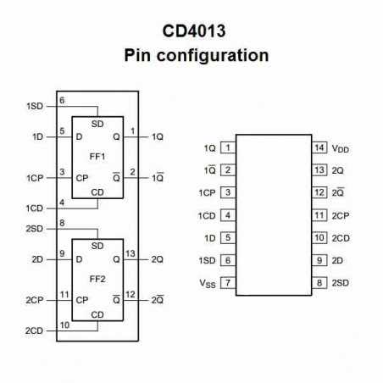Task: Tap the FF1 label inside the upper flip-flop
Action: (x=97, y=157)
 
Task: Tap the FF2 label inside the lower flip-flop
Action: (x=97, y=278)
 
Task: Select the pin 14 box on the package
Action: (x=319, y=147)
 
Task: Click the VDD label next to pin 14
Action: (x=340, y=148)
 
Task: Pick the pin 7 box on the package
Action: (x=227, y=282)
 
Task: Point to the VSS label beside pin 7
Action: (x=207, y=283)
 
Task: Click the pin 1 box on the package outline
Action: (x=227, y=147)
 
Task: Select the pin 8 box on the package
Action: (x=319, y=282)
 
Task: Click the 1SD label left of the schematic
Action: (x=35, y=106)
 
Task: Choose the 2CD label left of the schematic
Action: (x=35, y=330)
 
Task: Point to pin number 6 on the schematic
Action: (x=62, y=101)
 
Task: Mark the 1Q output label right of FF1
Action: (x=158, y=136)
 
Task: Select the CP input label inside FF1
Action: (x=81, y=178)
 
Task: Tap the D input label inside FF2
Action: (x=79, y=258)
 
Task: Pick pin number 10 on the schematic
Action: (x=64, y=325)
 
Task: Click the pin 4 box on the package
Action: (x=227, y=215)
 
